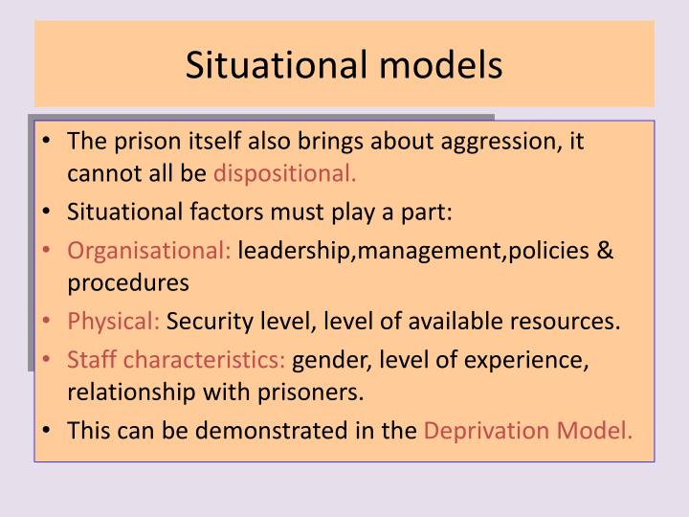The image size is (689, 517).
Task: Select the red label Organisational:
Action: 149,251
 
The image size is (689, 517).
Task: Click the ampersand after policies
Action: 605,251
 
